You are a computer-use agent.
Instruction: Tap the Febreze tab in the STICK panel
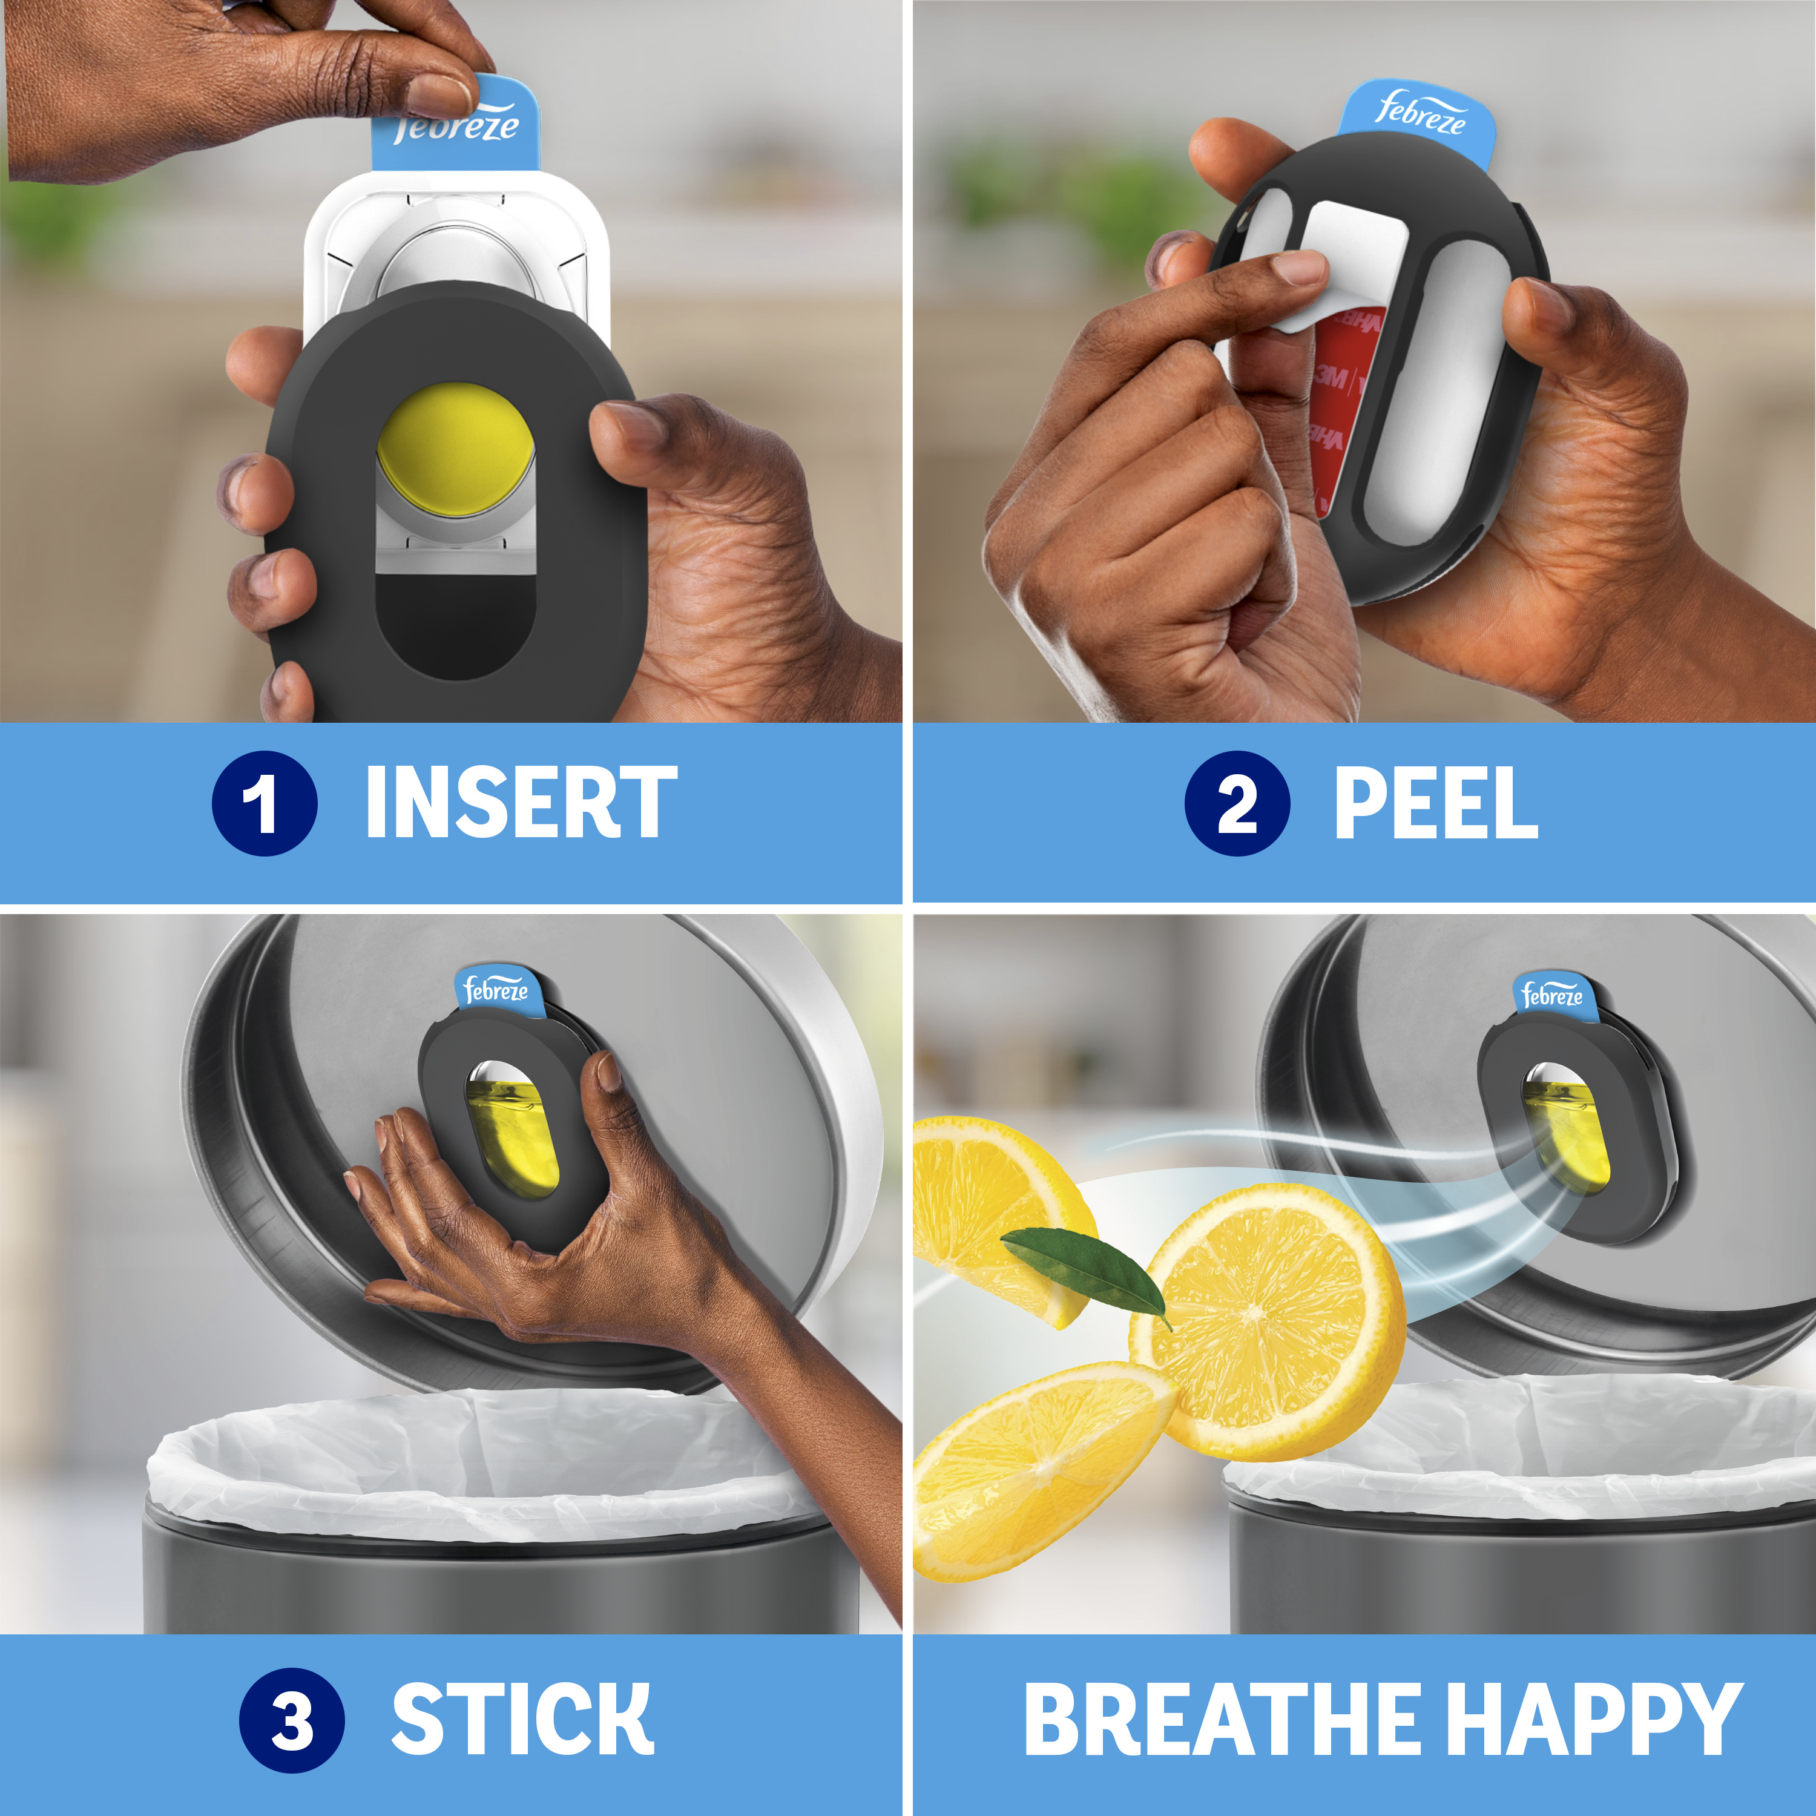[496, 989]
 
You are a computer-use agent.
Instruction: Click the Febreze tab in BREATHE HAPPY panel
[1552, 995]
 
